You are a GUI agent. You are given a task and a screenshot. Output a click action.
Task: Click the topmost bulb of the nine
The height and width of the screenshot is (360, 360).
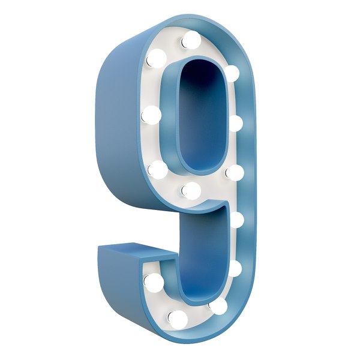[191, 40]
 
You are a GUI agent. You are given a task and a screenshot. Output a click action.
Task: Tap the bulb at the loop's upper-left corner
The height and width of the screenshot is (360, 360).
[156, 58]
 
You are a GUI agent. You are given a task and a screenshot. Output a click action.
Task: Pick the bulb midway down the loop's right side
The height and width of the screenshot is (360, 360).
[235, 124]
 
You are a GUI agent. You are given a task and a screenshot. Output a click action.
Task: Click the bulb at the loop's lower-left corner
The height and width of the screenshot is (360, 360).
[158, 170]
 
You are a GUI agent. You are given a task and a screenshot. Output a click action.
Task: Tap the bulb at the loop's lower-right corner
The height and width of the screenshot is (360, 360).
[234, 173]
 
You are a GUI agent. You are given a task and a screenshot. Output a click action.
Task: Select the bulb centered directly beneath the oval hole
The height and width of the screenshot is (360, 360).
[191, 191]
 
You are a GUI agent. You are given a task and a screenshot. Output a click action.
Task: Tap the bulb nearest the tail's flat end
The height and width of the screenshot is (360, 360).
[154, 282]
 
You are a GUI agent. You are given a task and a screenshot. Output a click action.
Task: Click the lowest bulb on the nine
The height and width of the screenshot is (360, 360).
[178, 319]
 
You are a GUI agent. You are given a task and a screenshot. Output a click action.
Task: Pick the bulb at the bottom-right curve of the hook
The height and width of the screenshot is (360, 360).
[218, 307]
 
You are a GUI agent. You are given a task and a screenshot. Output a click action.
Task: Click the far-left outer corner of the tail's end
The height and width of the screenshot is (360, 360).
[99, 247]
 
